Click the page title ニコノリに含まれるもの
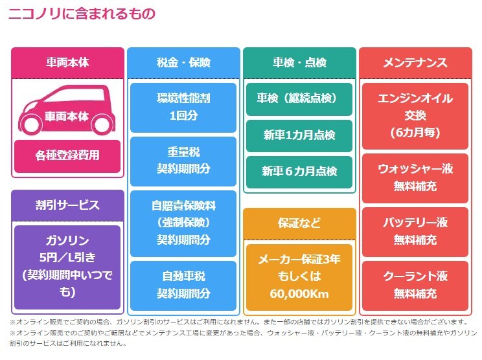coord(82,14)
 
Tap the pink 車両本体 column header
coord(67,63)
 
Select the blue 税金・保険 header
coord(183,63)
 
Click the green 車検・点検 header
coord(299,63)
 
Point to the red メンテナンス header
coord(415,63)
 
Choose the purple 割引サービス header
coord(67,205)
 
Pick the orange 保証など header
coord(299,223)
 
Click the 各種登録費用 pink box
coord(67,156)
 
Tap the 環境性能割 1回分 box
coord(183,107)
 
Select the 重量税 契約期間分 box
coord(183,161)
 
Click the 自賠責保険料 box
coord(183,223)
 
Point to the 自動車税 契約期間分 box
coord(183,286)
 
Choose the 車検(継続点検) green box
coord(299,99)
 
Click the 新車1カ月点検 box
coord(299,135)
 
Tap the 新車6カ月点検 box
coord(299,172)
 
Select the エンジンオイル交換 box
coord(415,116)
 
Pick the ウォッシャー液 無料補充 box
coord(415,178)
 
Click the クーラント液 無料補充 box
coord(415,286)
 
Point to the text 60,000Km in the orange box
coord(299,294)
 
